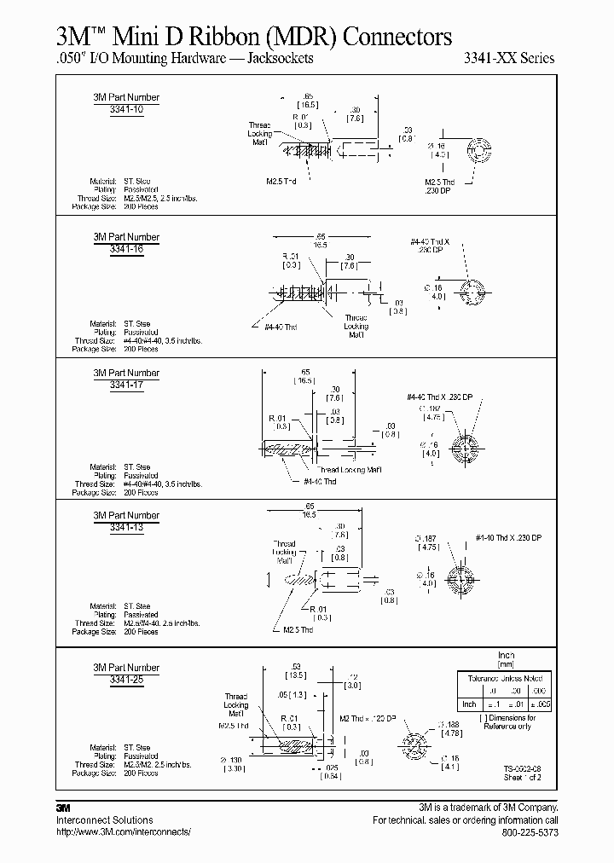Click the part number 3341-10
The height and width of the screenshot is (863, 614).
pos(126,109)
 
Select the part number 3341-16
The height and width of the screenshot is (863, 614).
pos(126,248)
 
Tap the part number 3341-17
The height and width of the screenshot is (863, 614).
pos(126,385)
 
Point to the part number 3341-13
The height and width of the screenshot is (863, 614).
pos(126,527)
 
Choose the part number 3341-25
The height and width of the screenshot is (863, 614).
pos(126,680)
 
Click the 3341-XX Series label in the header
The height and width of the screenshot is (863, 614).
pos(508,59)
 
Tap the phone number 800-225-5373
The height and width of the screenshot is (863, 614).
pos(530,831)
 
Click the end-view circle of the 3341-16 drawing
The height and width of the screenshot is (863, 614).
pos(471,289)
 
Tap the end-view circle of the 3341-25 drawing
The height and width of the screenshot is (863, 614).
pos(415,740)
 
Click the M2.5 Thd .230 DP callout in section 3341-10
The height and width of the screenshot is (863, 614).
pos(440,186)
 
